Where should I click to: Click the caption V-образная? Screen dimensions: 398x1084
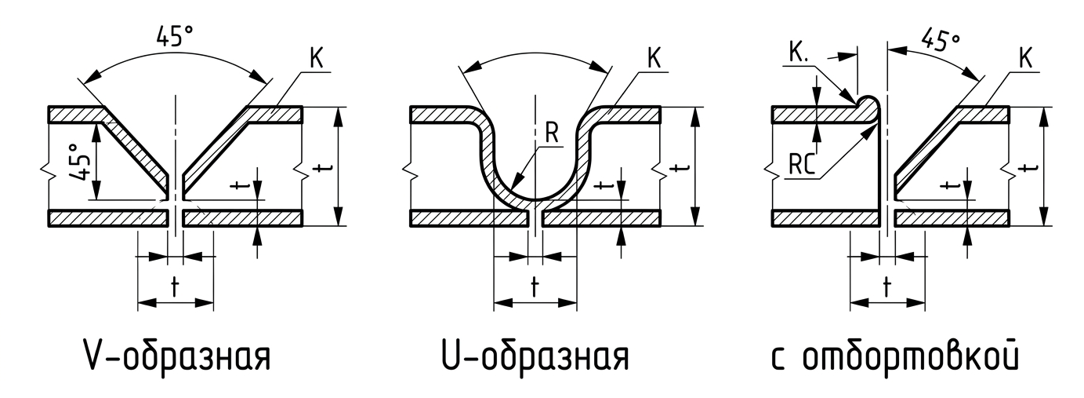176,357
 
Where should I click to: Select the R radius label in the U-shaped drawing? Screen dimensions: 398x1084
552,133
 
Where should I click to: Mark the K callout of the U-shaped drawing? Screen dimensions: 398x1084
654,59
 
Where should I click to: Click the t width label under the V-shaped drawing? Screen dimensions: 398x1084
175,288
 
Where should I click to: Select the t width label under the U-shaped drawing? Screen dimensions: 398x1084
535,288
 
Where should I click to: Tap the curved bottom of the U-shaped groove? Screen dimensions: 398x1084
535,200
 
